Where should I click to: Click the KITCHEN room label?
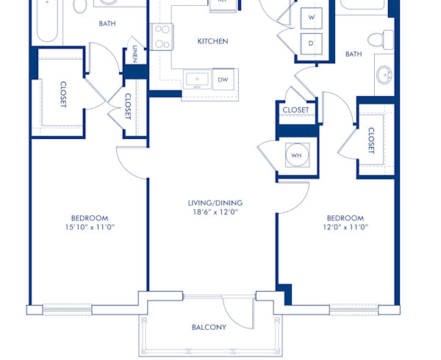(x=212, y=42)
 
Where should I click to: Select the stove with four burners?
(x=162, y=35)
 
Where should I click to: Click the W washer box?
(x=311, y=17)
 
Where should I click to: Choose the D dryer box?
(x=311, y=43)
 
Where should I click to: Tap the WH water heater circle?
(x=296, y=155)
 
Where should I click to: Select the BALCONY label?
(x=209, y=328)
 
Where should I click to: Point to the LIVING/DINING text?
(x=215, y=203)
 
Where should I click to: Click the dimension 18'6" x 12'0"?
(x=215, y=212)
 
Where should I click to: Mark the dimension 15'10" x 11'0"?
(x=90, y=227)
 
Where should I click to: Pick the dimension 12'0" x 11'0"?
(x=345, y=227)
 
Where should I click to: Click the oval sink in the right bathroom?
(x=384, y=75)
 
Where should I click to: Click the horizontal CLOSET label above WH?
(x=295, y=110)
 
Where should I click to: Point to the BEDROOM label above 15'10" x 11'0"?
(x=90, y=218)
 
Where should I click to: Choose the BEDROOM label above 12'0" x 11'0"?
(x=345, y=218)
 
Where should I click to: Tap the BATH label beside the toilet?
(x=354, y=54)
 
